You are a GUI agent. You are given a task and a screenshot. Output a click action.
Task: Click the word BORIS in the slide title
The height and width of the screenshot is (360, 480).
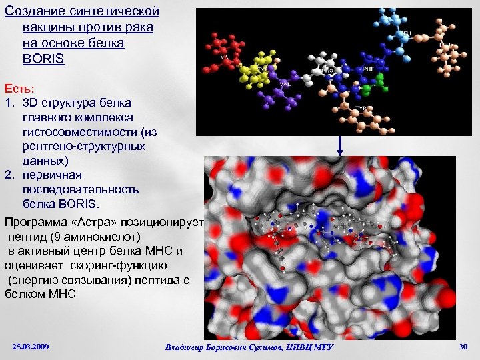(x=43, y=59)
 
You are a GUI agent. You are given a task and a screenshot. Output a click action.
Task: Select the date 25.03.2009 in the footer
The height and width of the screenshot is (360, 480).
(x=31, y=347)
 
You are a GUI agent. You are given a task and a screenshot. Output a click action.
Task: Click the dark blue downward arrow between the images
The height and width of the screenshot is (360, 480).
(x=340, y=143)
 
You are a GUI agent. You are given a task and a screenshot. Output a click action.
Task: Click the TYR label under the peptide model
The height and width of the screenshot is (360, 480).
(x=361, y=108)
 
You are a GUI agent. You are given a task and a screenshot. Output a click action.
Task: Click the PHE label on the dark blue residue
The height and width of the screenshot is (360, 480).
(x=369, y=68)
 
